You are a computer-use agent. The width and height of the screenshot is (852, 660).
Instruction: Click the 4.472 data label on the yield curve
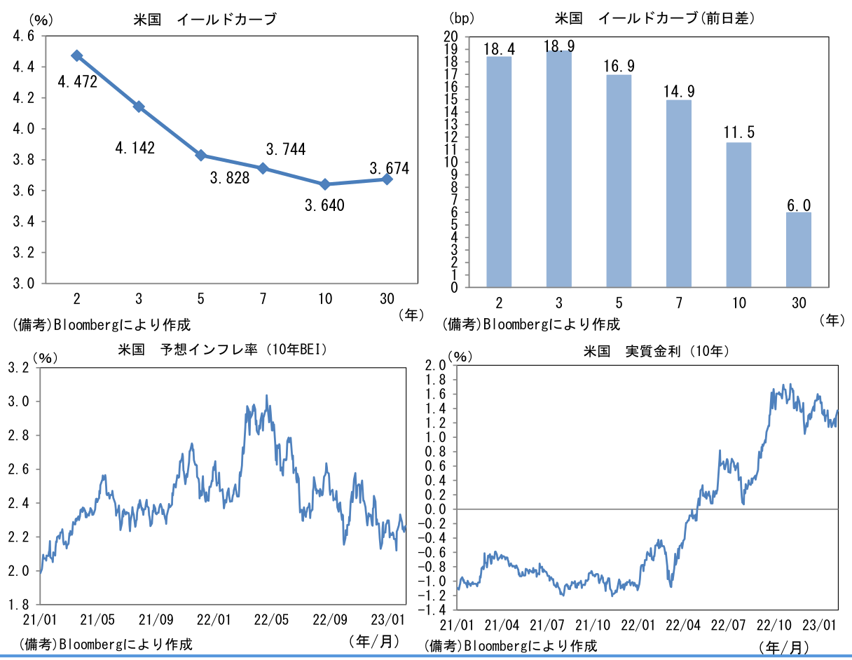point(76,83)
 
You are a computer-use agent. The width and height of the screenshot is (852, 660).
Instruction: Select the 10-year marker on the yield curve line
point(325,184)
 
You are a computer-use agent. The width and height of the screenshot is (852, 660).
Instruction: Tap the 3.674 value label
point(389,168)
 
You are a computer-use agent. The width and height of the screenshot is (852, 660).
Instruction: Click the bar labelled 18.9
point(558,168)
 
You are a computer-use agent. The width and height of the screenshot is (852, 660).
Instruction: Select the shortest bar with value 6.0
point(798,249)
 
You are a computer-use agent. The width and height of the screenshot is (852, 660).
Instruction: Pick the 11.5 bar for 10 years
point(738,214)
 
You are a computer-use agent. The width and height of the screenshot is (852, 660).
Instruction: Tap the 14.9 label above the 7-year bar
point(678,90)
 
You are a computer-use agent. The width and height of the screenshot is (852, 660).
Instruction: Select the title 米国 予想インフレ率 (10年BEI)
point(224,349)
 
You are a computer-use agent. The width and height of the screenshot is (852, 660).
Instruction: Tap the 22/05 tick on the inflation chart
point(270,619)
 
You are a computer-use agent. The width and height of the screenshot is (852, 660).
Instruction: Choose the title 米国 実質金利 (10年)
point(657,351)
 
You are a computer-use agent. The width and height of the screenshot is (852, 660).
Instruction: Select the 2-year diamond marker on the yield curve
point(77,56)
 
